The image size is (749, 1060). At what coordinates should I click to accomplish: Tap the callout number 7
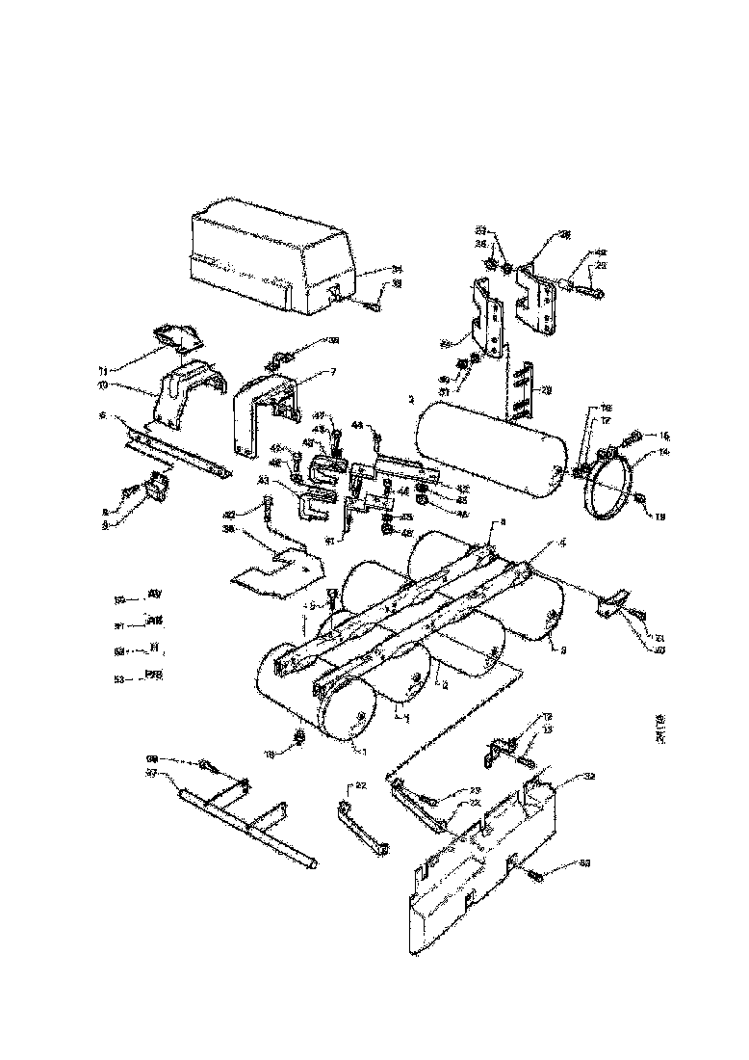(x=307, y=371)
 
